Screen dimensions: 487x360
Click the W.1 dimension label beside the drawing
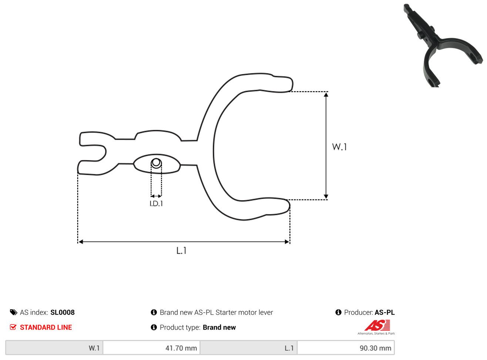[339, 147]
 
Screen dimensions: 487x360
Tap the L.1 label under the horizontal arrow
[181, 250]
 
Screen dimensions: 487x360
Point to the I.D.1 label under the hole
[156, 204]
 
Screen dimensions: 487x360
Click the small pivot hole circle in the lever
[156, 163]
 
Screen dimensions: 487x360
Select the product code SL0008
[63, 312]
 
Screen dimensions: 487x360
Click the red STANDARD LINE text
[46, 327]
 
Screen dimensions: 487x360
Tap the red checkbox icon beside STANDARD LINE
[13, 327]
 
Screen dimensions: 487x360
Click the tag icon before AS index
[14, 312]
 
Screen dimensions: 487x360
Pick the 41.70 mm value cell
[151, 348]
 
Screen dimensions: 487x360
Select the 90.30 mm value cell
[346, 348]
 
